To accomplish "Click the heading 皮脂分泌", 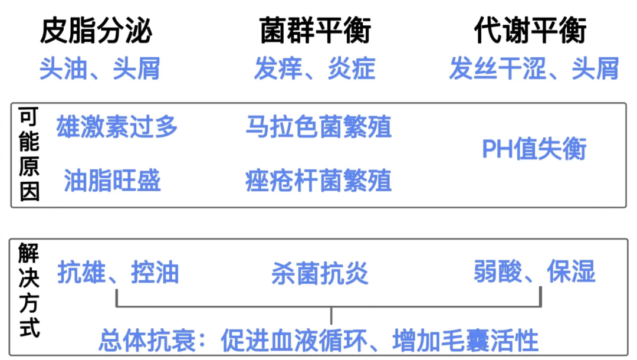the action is click(x=96, y=31).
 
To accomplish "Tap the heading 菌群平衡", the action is click(x=316, y=31).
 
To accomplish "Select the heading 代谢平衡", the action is click(x=531, y=31).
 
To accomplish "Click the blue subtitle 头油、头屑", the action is click(x=100, y=69).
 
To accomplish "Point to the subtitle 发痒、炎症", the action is click(x=315, y=69).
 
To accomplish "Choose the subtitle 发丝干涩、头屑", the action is click(x=534, y=69).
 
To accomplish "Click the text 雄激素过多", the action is click(x=117, y=127).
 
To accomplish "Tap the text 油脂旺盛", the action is click(x=112, y=181).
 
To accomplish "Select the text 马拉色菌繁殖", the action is click(x=318, y=127).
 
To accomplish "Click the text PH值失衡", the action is click(x=534, y=150).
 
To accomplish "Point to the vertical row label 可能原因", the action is click(x=29, y=155).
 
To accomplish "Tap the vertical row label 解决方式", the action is click(x=29, y=290).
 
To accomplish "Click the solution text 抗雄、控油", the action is click(x=118, y=273).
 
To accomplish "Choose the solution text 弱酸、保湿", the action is click(x=534, y=272).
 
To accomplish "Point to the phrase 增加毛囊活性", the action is click(x=465, y=341).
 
